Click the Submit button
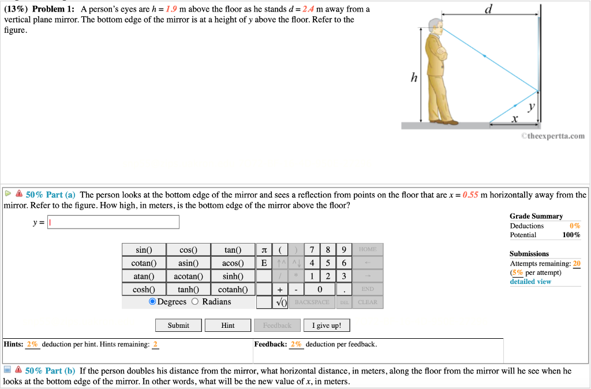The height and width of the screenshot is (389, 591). pyautogui.click(x=178, y=326)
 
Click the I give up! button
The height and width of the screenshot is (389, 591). pyautogui.click(x=327, y=326)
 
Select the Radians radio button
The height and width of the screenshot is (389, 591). pyautogui.click(x=195, y=302)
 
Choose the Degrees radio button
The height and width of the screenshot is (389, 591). pyautogui.click(x=152, y=302)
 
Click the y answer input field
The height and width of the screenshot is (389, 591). pyautogui.click(x=114, y=222)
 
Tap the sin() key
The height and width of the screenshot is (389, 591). pyautogui.click(x=143, y=250)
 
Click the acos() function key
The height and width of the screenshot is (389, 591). pyautogui.click(x=233, y=263)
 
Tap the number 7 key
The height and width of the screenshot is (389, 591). pyautogui.click(x=312, y=250)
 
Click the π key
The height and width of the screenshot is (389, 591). pyautogui.click(x=264, y=250)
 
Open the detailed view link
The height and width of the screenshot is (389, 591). pyautogui.click(x=530, y=282)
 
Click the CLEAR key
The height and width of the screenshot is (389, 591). pyautogui.click(x=367, y=302)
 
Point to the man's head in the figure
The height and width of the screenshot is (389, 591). pyautogui.click(x=434, y=25)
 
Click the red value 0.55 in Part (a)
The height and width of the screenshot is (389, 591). pyautogui.click(x=471, y=195)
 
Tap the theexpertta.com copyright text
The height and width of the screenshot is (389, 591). pyautogui.click(x=552, y=136)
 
